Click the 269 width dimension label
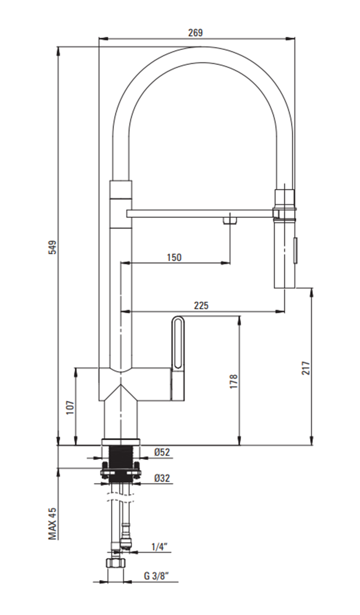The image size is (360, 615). point(195,33)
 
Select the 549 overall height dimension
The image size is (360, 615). point(52,247)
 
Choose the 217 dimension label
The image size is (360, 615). point(306,368)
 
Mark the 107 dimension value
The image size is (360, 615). point(70,407)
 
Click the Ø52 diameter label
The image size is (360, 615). point(162,452)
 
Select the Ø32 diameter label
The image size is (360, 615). point(162,478)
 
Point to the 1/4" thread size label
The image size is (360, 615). point(160,546)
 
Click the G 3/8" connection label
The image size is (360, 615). point(156,576)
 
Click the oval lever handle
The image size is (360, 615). point(177,343)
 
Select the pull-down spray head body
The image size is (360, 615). point(284,254)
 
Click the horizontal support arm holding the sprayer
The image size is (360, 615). point(199,213)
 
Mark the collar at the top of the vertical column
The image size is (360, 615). point(121,189)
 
